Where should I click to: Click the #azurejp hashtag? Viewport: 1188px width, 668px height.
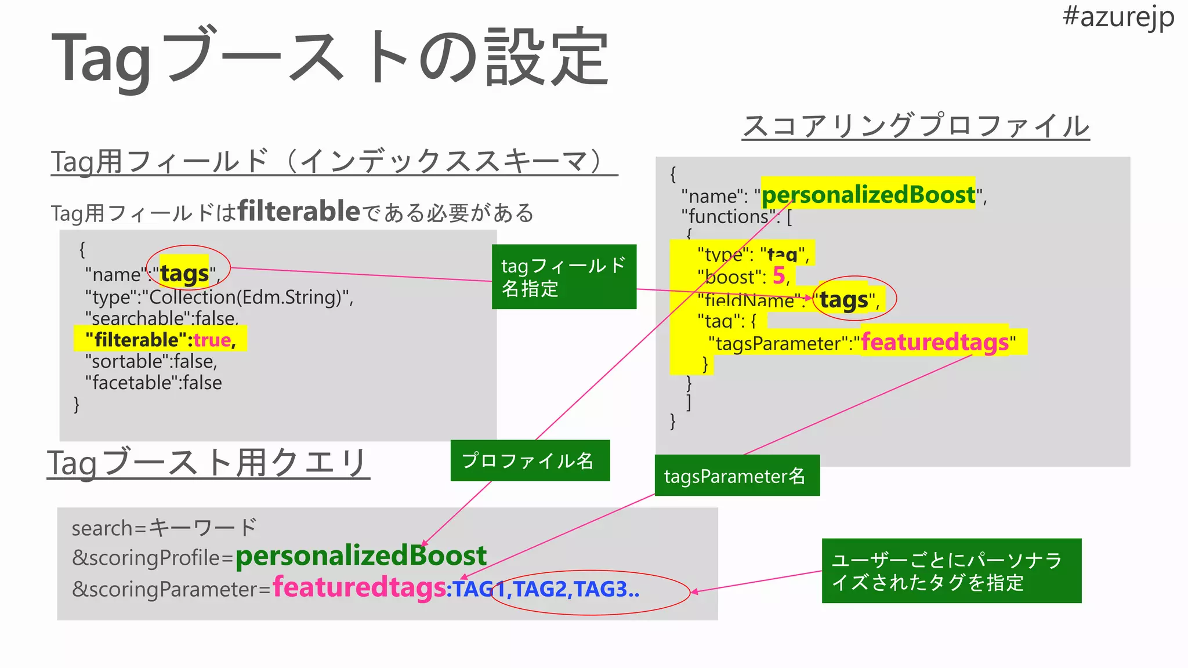[1118, 17]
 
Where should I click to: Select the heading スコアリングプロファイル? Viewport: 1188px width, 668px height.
[916, 126]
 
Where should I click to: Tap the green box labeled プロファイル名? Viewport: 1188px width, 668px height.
[530, 460]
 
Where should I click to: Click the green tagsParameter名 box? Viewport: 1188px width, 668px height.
[737, 475]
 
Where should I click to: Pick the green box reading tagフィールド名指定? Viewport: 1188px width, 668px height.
[564, 277]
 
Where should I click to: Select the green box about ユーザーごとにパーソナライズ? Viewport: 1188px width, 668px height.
[951, 571]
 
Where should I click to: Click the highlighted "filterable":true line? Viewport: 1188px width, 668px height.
[161, 339]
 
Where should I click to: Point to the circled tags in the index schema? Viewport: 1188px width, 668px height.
[184, 273]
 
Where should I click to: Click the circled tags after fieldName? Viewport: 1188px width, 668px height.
[844, 300]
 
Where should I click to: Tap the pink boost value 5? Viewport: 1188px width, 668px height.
[778, 275]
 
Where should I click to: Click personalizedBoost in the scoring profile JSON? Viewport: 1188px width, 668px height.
[868, 194]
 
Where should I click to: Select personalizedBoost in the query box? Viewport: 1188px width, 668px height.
[361, 556]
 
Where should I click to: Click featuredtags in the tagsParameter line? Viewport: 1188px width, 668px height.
[935, 342]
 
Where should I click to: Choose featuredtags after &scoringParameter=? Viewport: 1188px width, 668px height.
[359, 587]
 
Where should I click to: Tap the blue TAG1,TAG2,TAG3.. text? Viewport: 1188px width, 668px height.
[546, 589]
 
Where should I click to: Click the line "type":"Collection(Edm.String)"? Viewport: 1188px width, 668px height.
[219, 297]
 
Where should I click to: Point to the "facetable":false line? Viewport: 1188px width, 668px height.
[153, 383]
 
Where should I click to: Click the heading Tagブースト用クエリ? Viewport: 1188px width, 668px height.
[207, 463]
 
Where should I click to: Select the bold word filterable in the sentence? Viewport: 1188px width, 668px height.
[299, 211]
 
